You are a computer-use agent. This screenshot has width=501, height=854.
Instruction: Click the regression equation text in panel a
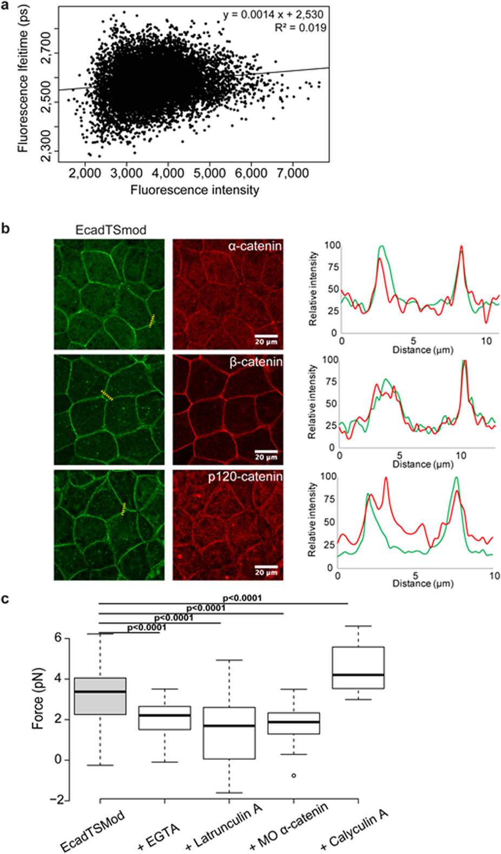tap(273, 14)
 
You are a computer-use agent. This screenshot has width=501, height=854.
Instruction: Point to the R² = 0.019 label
tap(300, 28)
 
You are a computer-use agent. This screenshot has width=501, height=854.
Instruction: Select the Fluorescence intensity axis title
tap(195, 190)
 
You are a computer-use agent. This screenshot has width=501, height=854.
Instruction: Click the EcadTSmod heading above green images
tap(111, 230)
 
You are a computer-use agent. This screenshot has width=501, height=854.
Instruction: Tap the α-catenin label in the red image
tap(255, 247)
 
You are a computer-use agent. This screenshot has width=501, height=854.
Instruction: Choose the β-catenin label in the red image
tap(256, 362)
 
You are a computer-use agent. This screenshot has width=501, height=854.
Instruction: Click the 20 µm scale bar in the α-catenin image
tap(266, 336)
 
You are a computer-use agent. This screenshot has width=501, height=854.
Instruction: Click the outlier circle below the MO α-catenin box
tap(294, 776)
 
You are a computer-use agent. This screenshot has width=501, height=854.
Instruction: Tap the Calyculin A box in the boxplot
tap(358, 667)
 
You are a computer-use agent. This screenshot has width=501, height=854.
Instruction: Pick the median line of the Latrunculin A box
tap(229, 726)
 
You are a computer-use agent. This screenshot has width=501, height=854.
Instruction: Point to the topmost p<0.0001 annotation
tap(242, 598)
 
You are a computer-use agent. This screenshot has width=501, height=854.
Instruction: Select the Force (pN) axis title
tap(38, 699)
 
